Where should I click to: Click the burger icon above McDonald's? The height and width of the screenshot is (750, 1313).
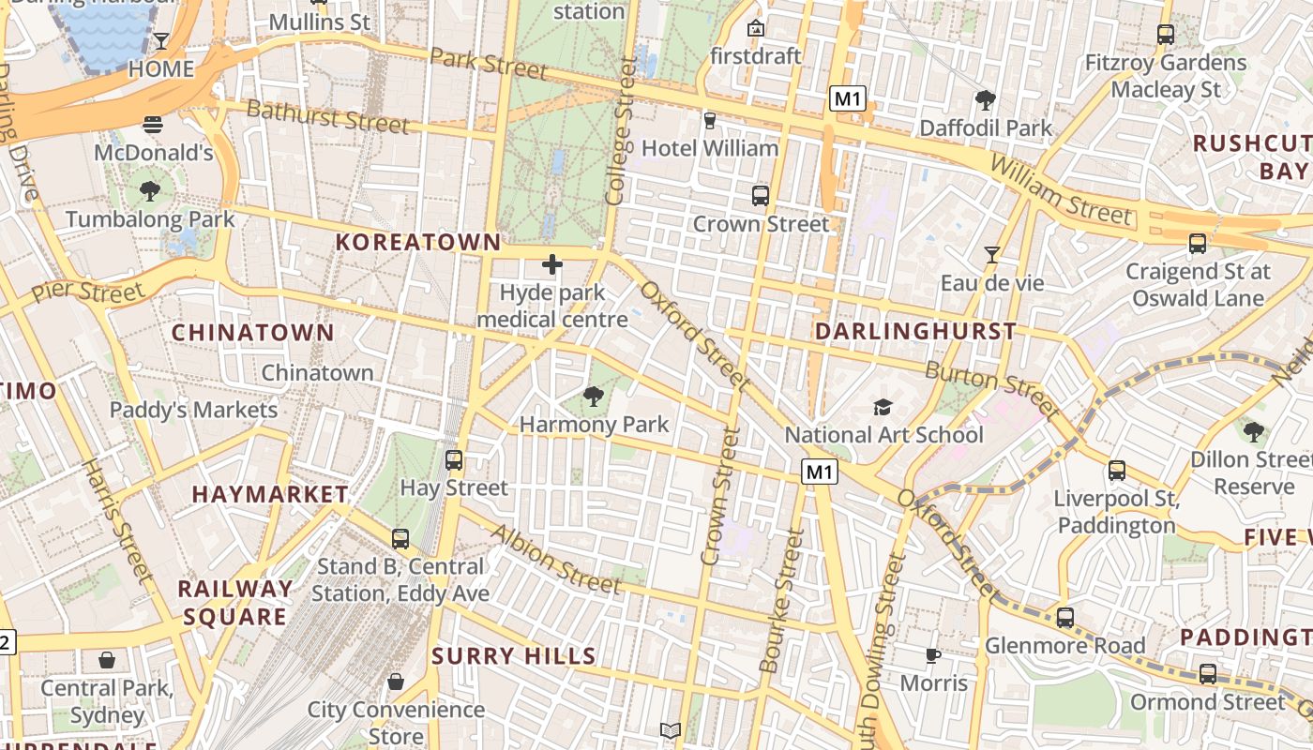(153, 125)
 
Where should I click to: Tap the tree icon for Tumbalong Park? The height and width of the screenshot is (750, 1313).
(149, 192)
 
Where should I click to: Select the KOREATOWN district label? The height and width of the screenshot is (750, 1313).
(418, 242)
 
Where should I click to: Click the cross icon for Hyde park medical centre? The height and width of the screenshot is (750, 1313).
(552, 264)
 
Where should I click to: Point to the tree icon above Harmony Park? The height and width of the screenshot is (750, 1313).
(593, 397)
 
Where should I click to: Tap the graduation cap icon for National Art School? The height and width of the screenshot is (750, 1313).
(883, 407)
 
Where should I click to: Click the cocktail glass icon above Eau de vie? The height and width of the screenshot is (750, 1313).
(991, 254)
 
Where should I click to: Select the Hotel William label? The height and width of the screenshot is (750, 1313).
(710, 148)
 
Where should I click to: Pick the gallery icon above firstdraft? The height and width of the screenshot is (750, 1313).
(755, 28)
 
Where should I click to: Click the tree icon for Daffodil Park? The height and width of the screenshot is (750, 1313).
(985, 99)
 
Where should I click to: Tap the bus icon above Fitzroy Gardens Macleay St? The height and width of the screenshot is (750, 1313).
(1166, 35)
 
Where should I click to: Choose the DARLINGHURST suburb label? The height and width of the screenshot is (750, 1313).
(915, 331)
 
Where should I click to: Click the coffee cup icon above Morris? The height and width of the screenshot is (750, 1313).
(932, 655)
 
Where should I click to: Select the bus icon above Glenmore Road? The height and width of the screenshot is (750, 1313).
(1064, 618)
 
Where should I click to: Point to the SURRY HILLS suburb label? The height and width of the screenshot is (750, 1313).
(514, 656)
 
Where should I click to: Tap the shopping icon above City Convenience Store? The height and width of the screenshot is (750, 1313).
(396, 682)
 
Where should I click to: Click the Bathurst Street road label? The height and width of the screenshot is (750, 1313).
(327, 117)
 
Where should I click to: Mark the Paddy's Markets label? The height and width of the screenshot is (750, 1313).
(194, 410)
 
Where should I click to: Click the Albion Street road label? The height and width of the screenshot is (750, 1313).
(556, 560)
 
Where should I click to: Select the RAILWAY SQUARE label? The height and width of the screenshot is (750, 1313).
(235, 603)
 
